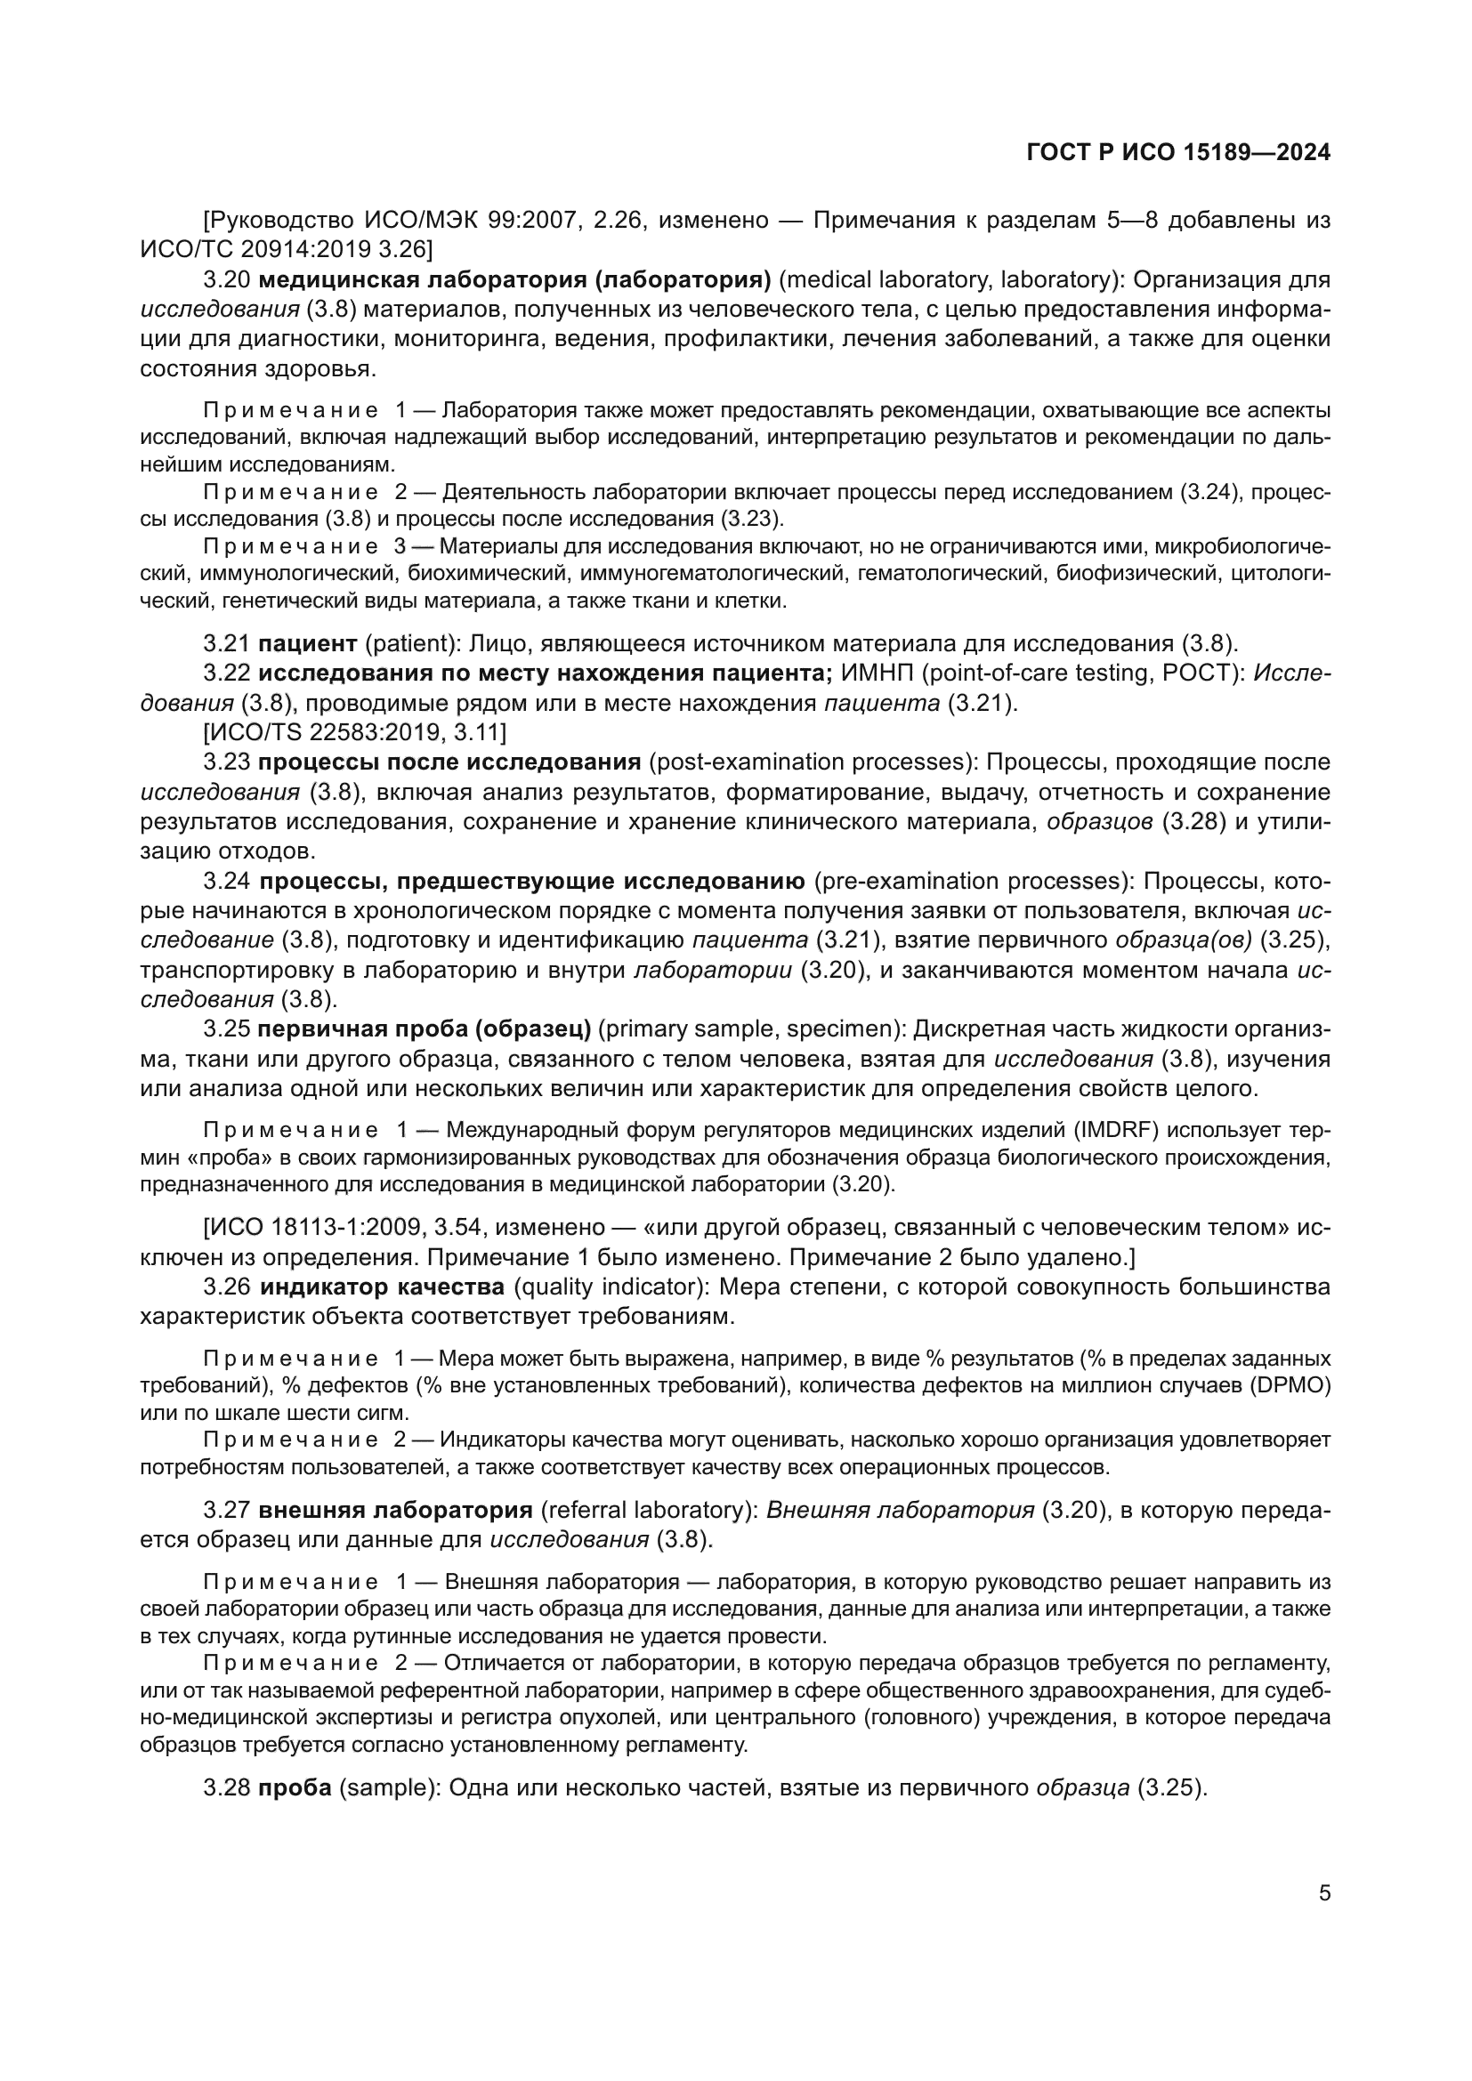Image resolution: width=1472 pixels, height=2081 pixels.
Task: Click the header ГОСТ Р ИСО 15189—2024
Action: (1178, 153)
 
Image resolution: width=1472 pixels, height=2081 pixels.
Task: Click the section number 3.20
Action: (226, 279)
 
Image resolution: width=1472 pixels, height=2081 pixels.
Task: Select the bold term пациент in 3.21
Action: (307, 643)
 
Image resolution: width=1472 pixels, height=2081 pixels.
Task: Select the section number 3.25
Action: (226, 1028)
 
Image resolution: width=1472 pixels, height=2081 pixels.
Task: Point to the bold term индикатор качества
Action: (382, 1287)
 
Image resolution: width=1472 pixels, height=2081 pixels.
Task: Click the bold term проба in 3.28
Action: (295, 1788)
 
